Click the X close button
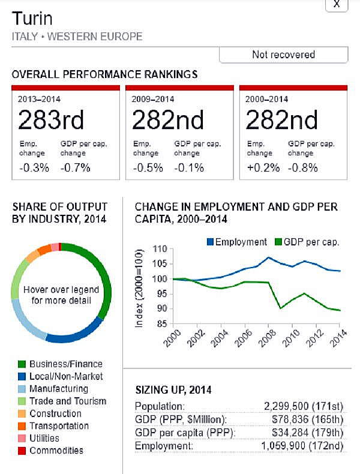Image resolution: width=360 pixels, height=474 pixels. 337,4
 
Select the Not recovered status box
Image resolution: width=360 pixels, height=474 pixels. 283,55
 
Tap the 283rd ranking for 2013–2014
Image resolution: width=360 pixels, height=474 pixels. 50,121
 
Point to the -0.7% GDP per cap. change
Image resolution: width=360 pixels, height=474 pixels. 75,167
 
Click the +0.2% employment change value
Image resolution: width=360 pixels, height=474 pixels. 263,167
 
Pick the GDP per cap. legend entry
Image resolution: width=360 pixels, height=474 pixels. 307,242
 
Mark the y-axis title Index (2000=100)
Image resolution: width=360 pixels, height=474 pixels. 140,287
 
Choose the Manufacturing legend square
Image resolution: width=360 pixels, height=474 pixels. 22,389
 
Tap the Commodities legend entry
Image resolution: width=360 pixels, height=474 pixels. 56,451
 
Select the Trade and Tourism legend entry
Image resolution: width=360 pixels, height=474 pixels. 67,401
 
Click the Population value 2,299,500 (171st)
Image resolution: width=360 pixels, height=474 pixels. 304,406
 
